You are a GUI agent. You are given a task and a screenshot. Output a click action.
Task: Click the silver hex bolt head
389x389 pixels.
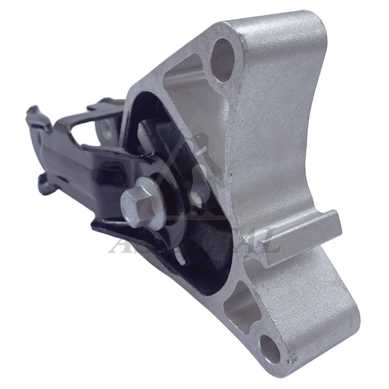point(137,199)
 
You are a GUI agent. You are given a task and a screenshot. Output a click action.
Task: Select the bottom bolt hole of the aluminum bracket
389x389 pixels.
point(270,346)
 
